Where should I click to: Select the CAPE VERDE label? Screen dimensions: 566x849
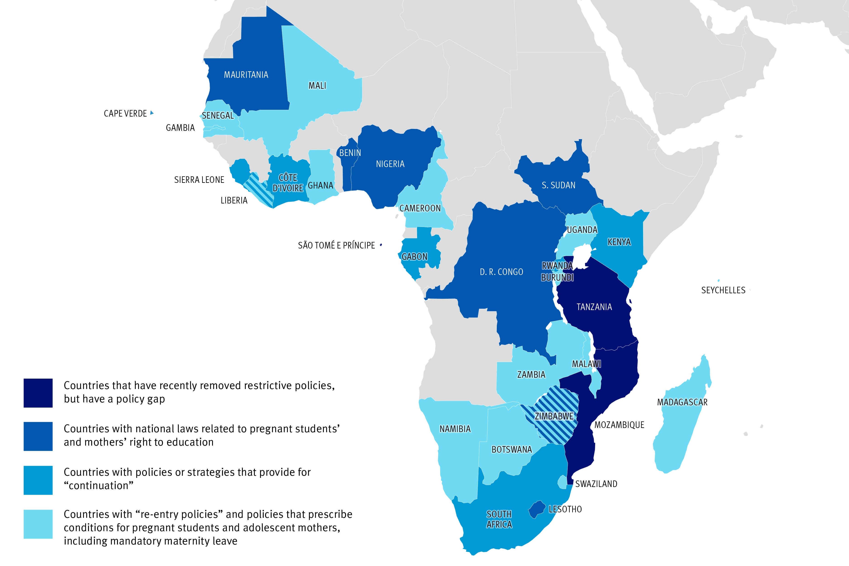pos(125,113)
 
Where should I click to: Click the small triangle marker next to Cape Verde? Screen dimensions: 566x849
pos(152,113)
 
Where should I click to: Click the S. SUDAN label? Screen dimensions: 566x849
pos(558,185)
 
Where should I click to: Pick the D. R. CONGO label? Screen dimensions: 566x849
pos(501,272)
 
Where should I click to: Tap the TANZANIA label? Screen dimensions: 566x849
pos(594,307)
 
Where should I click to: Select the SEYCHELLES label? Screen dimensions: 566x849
pos(723,290)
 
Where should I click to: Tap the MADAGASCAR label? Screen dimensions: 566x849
pos(682,402)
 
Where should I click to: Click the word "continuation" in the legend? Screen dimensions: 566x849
pos(98,485)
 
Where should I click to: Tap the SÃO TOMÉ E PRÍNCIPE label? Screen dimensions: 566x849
pos(336,246)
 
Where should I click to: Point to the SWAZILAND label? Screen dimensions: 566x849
pos(596,484)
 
